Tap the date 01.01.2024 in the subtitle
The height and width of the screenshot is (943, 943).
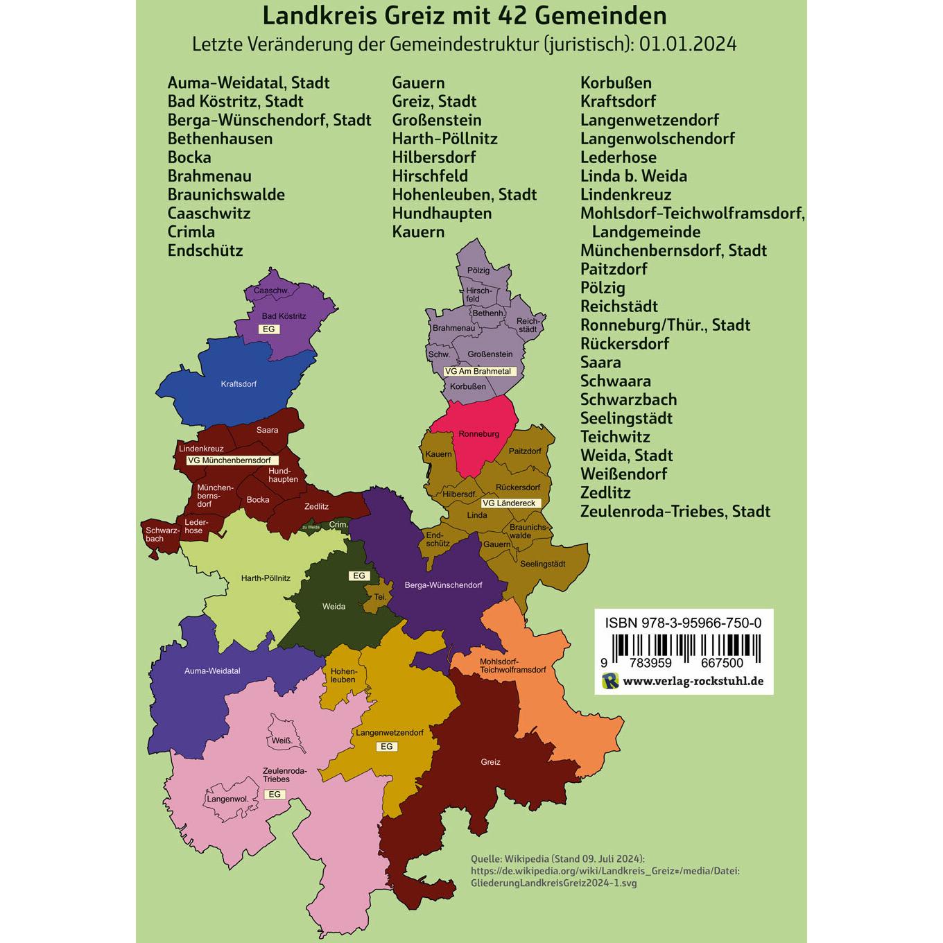tap(688, 44)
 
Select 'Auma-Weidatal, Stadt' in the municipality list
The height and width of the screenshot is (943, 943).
tap(248, 83)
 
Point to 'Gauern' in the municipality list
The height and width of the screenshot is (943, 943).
tap(418, 83)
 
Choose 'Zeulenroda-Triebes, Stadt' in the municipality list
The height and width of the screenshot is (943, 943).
tap(675, 512)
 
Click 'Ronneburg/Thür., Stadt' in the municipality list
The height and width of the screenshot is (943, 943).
tap(665, 325)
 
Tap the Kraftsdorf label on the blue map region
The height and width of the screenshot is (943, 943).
tap(239, 383)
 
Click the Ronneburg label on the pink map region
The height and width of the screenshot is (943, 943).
tap(478, 434)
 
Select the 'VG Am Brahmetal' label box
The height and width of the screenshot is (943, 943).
tap(477, 371)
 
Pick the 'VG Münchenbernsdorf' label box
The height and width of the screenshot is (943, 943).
tap(228, 460)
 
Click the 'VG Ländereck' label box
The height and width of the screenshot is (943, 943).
tap(508, 503)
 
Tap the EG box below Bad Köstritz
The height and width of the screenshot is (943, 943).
tap(268, 329)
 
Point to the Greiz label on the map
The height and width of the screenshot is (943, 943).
tap(490, 762)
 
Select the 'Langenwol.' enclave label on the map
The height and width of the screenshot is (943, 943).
tap(227, 799)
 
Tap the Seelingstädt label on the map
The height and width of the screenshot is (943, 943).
tap(542, 564)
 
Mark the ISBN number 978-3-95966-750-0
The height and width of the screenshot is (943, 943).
tap(683, 623)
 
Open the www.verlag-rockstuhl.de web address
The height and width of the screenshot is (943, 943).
tap(693, 681)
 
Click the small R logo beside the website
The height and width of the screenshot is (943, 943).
tap(610, 681)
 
